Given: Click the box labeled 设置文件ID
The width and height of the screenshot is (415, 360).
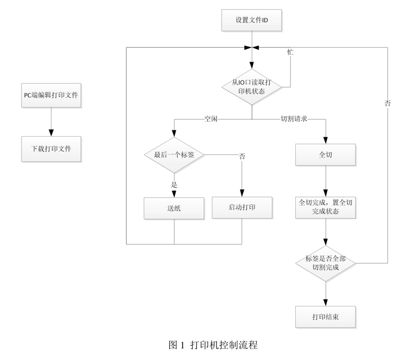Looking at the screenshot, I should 252,22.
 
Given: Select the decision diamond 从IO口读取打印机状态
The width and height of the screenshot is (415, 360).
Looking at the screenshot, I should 252,87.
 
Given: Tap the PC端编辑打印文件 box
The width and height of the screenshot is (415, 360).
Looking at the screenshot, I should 51,95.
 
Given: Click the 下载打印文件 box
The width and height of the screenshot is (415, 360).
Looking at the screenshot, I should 51,149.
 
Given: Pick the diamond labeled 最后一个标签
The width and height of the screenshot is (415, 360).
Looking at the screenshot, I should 174,155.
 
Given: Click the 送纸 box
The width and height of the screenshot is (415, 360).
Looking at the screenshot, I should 174,208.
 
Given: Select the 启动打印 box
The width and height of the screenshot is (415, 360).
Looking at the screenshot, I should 242,207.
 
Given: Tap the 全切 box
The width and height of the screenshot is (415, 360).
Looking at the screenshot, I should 325,155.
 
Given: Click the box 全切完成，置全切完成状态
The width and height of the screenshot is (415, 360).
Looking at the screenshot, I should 325,207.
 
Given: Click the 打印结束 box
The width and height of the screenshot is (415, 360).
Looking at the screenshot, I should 325,317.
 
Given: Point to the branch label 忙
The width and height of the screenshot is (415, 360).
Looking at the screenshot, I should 290,53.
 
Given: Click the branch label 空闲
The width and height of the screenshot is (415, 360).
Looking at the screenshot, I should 211,119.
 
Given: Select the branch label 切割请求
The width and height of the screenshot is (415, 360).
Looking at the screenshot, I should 294,119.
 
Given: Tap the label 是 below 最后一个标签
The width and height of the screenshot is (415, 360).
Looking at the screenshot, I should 174,184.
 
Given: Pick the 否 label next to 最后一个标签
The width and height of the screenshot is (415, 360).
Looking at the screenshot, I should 242,157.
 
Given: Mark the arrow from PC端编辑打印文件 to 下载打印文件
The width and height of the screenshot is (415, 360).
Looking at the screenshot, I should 51,122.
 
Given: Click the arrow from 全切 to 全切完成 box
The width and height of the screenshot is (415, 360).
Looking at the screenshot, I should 325,181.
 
